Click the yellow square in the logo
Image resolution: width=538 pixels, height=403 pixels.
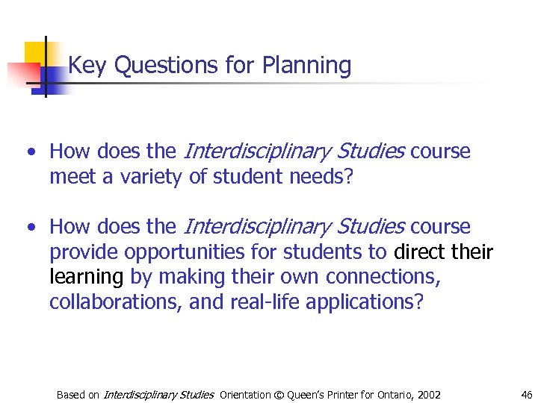click(x=34, y=52)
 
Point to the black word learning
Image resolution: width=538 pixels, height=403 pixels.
click(x=86, y=278)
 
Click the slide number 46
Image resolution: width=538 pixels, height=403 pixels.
click(x=526, y=394)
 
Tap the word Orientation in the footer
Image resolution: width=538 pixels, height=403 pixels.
click(x=244, y=395)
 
